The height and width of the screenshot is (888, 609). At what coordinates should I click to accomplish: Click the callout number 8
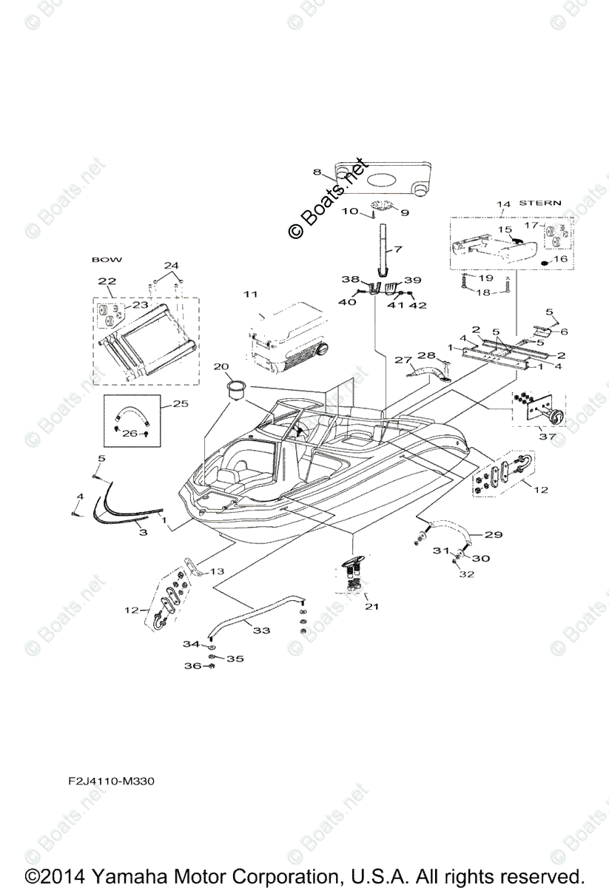click(x=317, y=172)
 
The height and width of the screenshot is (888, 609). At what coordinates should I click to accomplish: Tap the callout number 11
click(x=251, y=294)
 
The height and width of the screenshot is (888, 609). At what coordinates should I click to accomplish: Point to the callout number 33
click(x=261, y=630)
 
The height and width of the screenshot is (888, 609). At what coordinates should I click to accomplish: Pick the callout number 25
click(x=181, y=404)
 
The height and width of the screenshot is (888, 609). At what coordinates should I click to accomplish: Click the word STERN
click(x=540, y=202)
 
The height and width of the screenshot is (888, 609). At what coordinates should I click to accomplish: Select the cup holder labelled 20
click(x=238, y=388)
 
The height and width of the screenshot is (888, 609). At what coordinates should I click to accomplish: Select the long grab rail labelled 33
click(x=252, y=610)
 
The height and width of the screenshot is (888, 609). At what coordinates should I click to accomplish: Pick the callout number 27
click(x=401, y=360)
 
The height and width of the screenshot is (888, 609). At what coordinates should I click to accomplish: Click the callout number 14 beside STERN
click(x=503, y=203)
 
